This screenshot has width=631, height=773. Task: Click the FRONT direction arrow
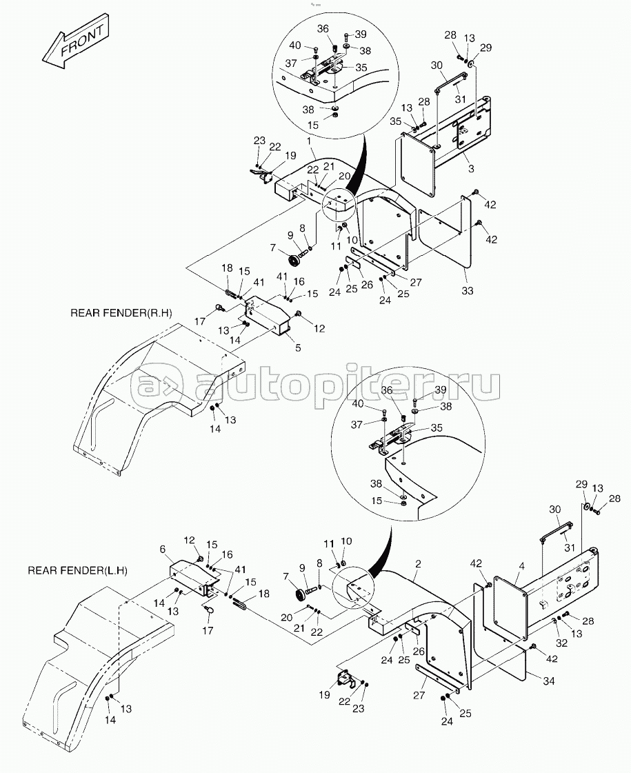75,42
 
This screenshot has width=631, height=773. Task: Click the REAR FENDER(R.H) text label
121,313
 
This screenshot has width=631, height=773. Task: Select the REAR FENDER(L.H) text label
77,570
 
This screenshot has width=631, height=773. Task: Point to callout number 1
310,142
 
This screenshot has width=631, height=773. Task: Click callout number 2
418,564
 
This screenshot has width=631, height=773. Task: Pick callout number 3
471,169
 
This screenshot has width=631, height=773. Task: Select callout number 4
521,566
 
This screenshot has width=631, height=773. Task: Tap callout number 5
298,348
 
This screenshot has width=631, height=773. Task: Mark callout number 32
561,643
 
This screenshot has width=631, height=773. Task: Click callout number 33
468,291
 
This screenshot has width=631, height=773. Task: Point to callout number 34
549,681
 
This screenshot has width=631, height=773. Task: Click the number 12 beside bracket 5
319,328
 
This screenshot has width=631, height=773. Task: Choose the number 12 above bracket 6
189,541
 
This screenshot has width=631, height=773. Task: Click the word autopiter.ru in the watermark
348,385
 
